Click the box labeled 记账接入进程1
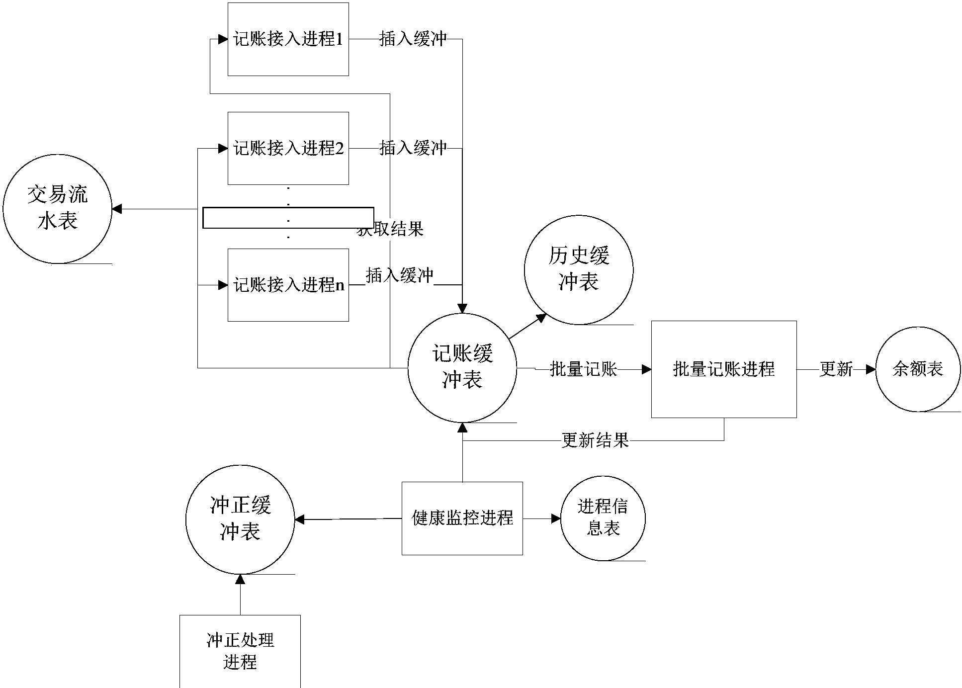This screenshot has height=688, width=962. coord(288,39)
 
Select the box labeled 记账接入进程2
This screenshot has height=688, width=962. coord(288,148)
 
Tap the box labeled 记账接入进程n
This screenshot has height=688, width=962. coord(288,285)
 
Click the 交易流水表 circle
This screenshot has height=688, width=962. coord(57,209)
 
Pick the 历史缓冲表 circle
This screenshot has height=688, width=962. coord(578,269)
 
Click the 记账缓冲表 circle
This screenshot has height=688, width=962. coord(462,368)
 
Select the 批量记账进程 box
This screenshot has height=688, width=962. coord(723,369)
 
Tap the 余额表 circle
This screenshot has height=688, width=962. coord(917,369)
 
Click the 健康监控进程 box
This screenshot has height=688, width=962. coord(462,518)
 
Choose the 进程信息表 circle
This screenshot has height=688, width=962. coord(603,518)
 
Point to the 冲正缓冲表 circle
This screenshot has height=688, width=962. coord(240,519)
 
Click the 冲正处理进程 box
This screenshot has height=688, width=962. coord(240,651)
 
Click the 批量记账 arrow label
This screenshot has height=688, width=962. coord(583,369)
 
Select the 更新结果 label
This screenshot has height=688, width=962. coord(595,440)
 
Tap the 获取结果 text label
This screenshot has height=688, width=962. coord(391,229)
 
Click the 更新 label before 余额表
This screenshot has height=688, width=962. coord(836,369)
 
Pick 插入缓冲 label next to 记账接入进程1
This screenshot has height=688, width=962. coord(413,39)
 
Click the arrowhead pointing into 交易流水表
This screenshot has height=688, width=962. coord(117,209)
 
